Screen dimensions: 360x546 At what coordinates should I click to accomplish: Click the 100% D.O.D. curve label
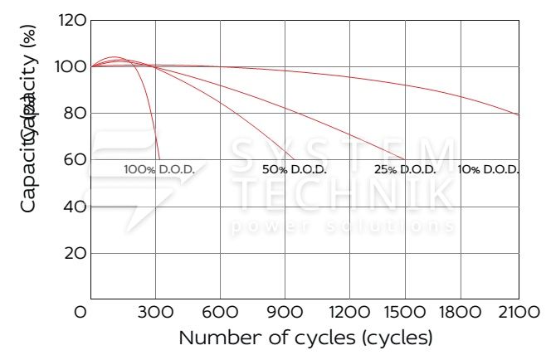tap(159, 169)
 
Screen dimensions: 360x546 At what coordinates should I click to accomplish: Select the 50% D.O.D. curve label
tap(295, 169)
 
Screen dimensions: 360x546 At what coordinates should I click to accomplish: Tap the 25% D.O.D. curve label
tap(405, 169)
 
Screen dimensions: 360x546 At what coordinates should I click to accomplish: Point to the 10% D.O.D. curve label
tap(488, 169)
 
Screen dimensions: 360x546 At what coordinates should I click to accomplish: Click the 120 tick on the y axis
tap(73, 20)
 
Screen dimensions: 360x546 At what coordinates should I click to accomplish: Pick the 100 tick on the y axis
tap(73, 66)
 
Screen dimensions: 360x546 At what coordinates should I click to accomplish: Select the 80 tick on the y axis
tap(75, 113)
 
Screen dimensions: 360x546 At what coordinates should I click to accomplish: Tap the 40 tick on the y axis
tap(75, 207)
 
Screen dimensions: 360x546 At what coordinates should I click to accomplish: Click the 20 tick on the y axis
tap(75, 253)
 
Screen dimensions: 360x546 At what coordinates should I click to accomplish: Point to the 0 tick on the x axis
tap(80, 312)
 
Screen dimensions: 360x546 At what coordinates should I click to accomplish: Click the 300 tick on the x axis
tap(155, 312)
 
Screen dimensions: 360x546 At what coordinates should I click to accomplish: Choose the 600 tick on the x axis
tap(221, 312)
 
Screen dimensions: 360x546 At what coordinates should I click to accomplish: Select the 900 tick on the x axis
tap(285, 312)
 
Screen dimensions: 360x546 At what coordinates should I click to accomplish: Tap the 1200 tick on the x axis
tap(350, 312)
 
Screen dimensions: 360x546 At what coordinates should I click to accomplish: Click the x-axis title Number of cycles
tap(305, 338)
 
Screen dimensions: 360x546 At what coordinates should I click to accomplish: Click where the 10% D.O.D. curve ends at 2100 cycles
tap(519, 114)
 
